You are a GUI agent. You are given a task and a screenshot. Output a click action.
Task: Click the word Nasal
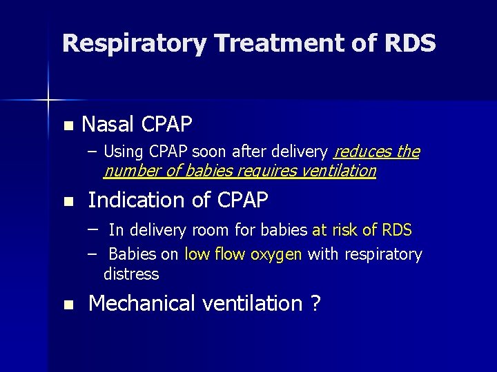coord(108,125)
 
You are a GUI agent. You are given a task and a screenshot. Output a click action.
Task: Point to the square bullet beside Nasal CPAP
coord(67,126)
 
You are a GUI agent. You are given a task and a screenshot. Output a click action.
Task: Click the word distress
coord(131,274)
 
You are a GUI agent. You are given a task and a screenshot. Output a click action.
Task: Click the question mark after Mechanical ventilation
coord(315,303)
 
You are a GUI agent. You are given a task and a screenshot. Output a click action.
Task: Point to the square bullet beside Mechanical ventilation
coord(67,305)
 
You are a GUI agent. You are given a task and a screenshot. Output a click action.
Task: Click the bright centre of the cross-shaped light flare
coord(48,101)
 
